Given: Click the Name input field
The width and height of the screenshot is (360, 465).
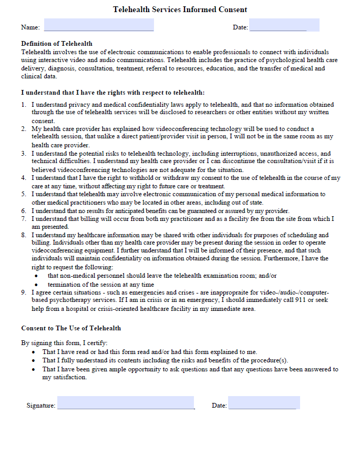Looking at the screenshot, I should pos(99,25).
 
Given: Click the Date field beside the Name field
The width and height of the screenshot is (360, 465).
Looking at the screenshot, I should pos(284,25).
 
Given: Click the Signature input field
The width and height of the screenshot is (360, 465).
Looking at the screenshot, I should pos(126,403).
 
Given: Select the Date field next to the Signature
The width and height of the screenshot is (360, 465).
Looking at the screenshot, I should pos(264,403).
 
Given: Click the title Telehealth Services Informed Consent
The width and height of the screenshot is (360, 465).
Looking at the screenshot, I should pos(180,9).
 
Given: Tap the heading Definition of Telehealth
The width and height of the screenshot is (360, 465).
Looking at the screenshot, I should pos(57,44).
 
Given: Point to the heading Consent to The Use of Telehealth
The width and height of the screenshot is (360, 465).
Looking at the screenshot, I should pos(71,328).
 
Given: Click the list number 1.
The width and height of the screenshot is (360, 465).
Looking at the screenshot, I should pos(24,105).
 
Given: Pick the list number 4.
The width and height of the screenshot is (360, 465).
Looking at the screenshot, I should pos(24,178).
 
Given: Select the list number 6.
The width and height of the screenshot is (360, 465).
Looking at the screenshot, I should pos(24,210).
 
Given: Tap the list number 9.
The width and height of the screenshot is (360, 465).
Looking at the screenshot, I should pos(24,292).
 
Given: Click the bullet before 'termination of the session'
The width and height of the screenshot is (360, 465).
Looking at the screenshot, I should pos(36,285).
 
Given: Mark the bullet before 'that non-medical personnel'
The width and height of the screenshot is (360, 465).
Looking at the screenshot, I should pos(36,276).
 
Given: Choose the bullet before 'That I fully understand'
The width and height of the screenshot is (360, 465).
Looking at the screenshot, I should pos(34,361).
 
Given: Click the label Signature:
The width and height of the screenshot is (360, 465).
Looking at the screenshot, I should pos(41,406).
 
